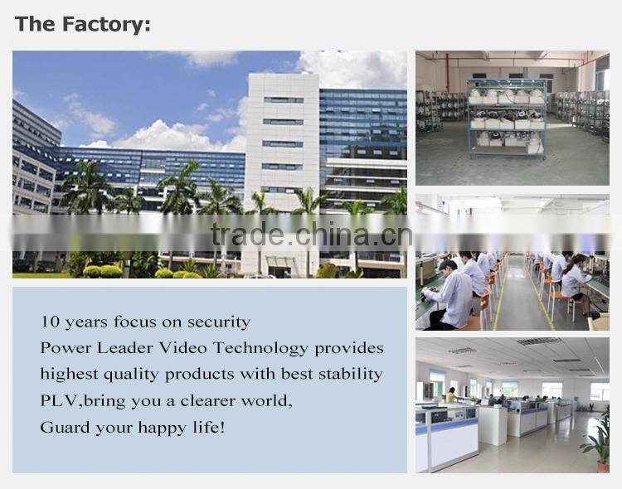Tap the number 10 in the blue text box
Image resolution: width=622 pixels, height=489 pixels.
49,322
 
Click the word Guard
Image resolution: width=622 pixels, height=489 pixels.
61,427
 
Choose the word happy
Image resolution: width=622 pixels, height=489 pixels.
167,427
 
